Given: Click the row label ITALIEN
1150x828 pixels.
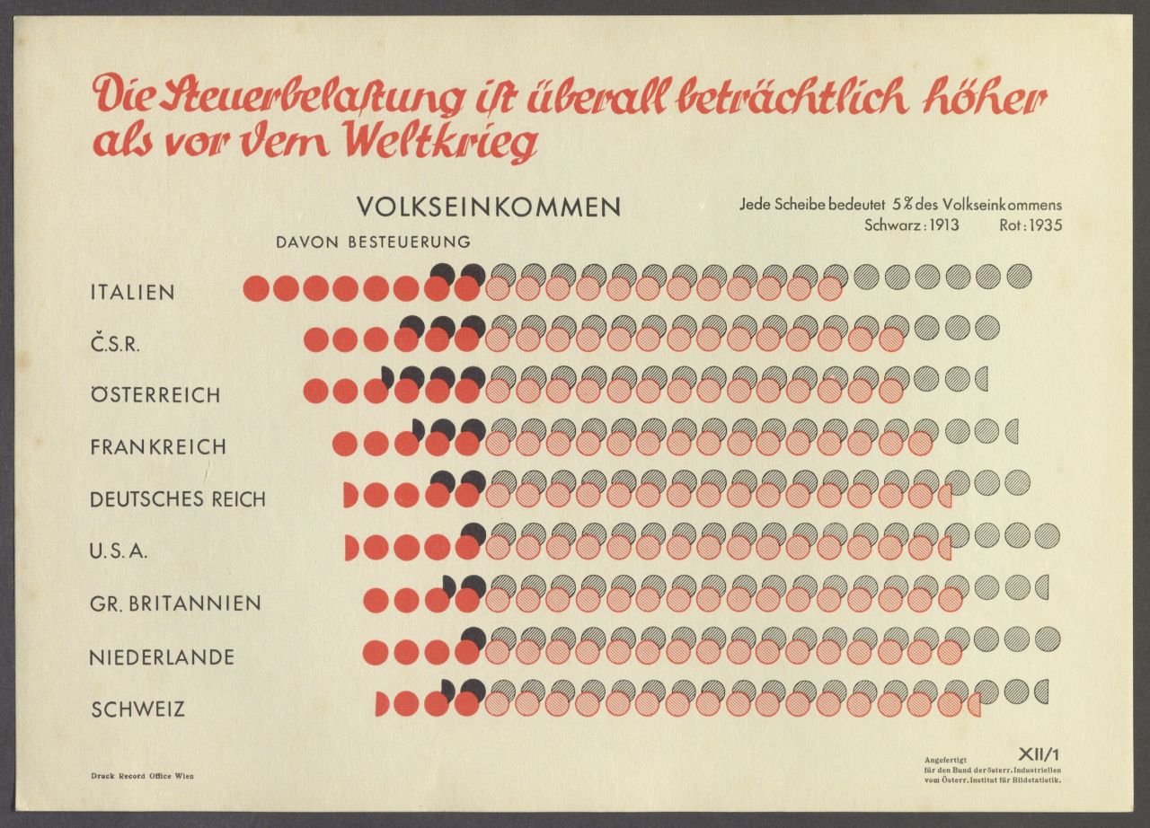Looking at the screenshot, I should click(x=132, y=293).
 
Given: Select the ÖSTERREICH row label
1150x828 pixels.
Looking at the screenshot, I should click(x=155, y=395).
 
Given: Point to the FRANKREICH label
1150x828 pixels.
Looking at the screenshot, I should click(x=157, y=447).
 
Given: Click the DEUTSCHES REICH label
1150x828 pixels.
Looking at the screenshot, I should click(x=178, y=499).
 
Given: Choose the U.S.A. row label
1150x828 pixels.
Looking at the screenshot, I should click(x=119, y=551).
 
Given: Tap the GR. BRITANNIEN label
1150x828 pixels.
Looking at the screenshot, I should click(x=175, y=603).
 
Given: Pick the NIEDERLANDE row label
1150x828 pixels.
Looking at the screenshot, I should click(x=162, y=657).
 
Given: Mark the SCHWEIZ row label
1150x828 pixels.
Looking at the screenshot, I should click(x=137, y=709).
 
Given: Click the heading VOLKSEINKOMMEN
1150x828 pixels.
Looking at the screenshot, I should click(x=489, y=207).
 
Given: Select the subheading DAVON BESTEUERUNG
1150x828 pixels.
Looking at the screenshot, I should click(x=373, y=242).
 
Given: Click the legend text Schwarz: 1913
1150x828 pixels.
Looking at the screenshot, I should click(x=911, y=225).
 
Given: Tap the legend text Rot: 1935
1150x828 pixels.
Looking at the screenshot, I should click(x=1030, y=225).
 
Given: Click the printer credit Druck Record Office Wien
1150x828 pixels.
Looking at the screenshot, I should click(x=142, y=776).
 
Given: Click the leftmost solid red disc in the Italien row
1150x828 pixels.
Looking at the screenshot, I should click(x=256, y=288).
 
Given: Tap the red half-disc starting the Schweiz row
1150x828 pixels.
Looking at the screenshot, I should click(x=381, y=705).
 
